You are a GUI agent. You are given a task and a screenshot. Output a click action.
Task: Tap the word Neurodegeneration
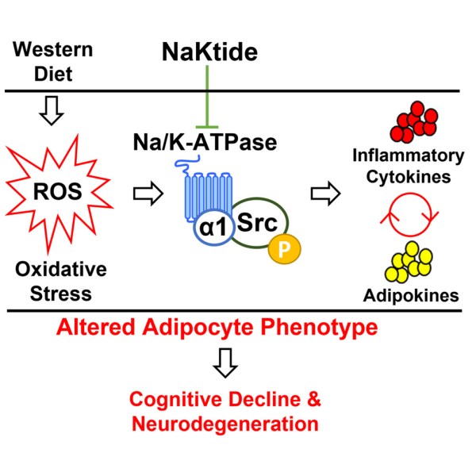click(225, 424)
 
